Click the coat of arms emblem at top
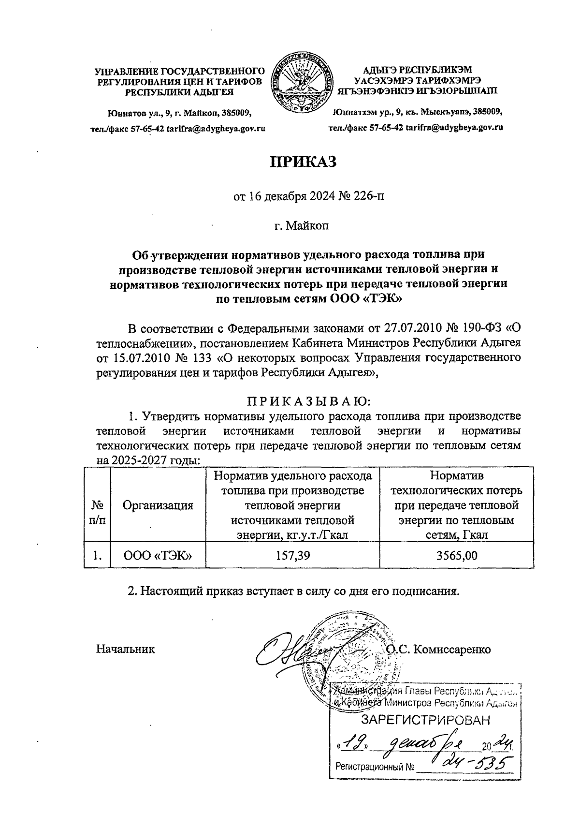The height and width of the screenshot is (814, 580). click(x=303, y=83)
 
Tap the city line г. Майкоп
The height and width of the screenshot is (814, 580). click(x=302, y=225)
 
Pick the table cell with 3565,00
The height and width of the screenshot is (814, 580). click(x=457, y=556)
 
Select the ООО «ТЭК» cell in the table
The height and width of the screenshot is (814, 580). click(x=158, y=556)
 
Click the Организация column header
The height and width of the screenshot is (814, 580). click(x=158, y=505)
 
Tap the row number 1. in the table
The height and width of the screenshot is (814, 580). click(x=97, y=556)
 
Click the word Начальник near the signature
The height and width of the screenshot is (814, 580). click(x=126, y=649)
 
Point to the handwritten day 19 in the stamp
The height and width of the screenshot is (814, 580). click(x=356, y=743)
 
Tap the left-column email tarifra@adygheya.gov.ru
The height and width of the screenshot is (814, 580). click(x=217, y=129)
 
